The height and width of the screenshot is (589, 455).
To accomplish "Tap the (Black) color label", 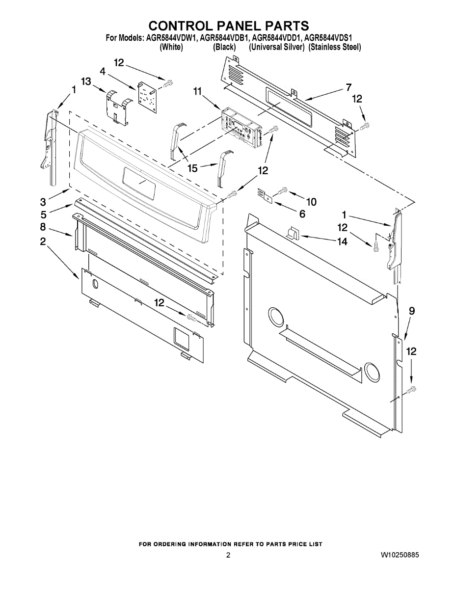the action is (224, 48).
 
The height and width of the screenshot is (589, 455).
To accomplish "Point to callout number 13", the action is (86, 81).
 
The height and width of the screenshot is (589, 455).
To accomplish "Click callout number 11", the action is (197, 92).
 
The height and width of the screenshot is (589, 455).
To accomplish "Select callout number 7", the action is (348, 87).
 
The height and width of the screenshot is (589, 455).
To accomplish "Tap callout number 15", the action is (192, 168).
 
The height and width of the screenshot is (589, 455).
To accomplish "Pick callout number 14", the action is (342, 241).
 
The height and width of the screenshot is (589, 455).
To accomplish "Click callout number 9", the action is (412, 311).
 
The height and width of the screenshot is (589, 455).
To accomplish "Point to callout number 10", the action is (311, 202).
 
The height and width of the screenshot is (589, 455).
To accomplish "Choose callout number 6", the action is (302, 214).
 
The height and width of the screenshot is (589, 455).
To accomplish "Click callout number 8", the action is (43, 227).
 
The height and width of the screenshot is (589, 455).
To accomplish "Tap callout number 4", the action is (103, 71).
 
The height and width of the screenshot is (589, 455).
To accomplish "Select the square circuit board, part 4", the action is (148, 94).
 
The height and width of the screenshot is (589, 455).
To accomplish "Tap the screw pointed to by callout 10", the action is (281, 190).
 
